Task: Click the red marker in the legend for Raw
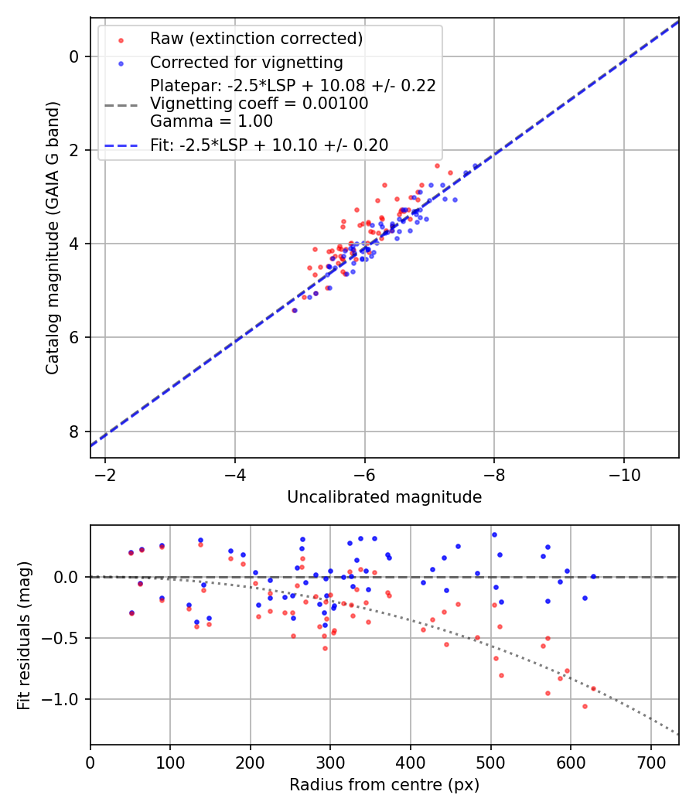[121, 39]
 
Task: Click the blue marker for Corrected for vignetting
[121, 63]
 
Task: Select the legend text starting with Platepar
[293, 86]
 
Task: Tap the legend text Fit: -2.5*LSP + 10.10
[269, 145]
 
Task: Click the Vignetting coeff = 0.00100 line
[259, 104]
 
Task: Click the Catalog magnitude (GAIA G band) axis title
[53, 237]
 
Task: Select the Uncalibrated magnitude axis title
[384, 497]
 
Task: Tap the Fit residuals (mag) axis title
[24, 635]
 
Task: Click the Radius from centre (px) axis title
[384, 785]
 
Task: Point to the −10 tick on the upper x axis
[623, 474]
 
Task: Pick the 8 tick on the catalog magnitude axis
[75, 432]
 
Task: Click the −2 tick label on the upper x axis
[106, 474]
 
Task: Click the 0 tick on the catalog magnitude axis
[75, 56]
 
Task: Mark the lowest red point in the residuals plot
[585, 706]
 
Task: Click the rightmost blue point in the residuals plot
[593, 576]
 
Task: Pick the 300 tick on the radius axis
[330, 761]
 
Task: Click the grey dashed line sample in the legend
[121, 104]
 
